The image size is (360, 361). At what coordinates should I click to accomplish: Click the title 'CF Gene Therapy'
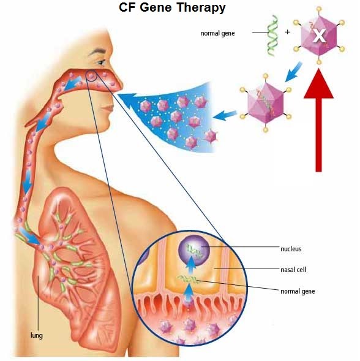[x=172, y=7]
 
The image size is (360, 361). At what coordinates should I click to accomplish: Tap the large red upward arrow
[x=318, y=120]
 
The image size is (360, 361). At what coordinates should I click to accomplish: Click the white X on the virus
[x=319, y=36]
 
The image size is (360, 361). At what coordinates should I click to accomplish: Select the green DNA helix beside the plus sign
[x=272, y=36]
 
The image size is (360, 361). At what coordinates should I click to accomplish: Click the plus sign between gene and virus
[x=287, y=32]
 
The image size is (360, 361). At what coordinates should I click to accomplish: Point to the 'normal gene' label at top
[x=217, y=34]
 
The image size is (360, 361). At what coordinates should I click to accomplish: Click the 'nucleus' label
[x=291, y=249]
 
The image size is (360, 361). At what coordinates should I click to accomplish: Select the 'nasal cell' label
[x=293, y=270]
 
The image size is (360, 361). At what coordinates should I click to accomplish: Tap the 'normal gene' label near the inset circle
[x=298, y=292]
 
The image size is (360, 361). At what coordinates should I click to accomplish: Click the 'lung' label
[x=37, y=335]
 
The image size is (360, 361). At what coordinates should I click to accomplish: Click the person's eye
[x=101, y=62]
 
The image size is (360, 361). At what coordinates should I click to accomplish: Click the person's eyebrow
[x=98, y=51]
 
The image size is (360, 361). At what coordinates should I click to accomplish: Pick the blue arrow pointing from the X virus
[x=293, y=71]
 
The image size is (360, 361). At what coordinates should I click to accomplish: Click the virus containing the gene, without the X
[x=266, y=103]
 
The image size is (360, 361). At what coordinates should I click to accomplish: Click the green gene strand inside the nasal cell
[x=187, y=279]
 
